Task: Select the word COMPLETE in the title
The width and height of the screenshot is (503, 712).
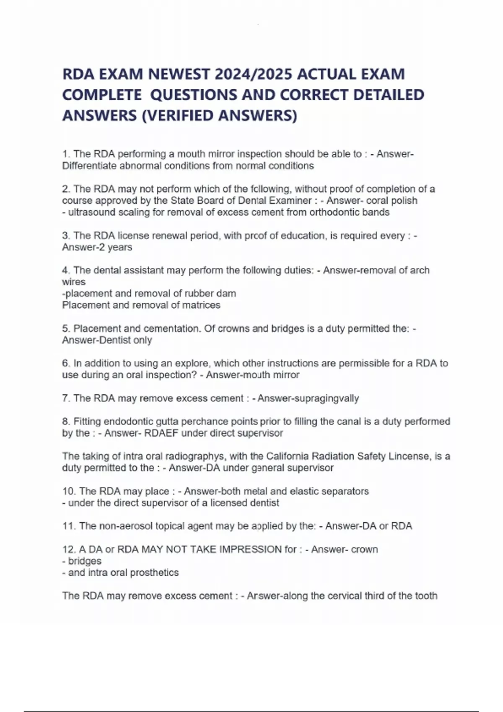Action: pyautogui.click(x=101, y=95)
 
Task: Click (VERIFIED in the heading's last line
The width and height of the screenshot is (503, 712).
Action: pyautogui.click(x=178, y=116)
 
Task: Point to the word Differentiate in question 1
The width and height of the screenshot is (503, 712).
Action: pyautogui.click(x=89, y=166)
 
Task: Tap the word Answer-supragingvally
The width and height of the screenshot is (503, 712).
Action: pyautogui.click(x=308, y=398)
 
